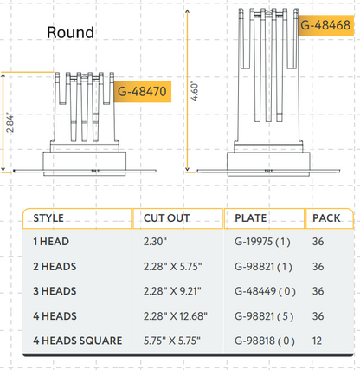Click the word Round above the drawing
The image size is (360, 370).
(x=71, y=34)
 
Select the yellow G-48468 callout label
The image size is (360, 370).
(x=325, y=25)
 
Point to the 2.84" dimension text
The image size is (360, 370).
(x=9, y=122)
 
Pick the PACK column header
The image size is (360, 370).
(x=326, y=217)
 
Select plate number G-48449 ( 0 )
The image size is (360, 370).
(x=263, y=291)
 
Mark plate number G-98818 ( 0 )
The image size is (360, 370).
(x=263, y=340)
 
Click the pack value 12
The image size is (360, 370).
(x=318, y=340)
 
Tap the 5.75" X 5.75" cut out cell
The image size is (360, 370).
(x=167, y=340)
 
